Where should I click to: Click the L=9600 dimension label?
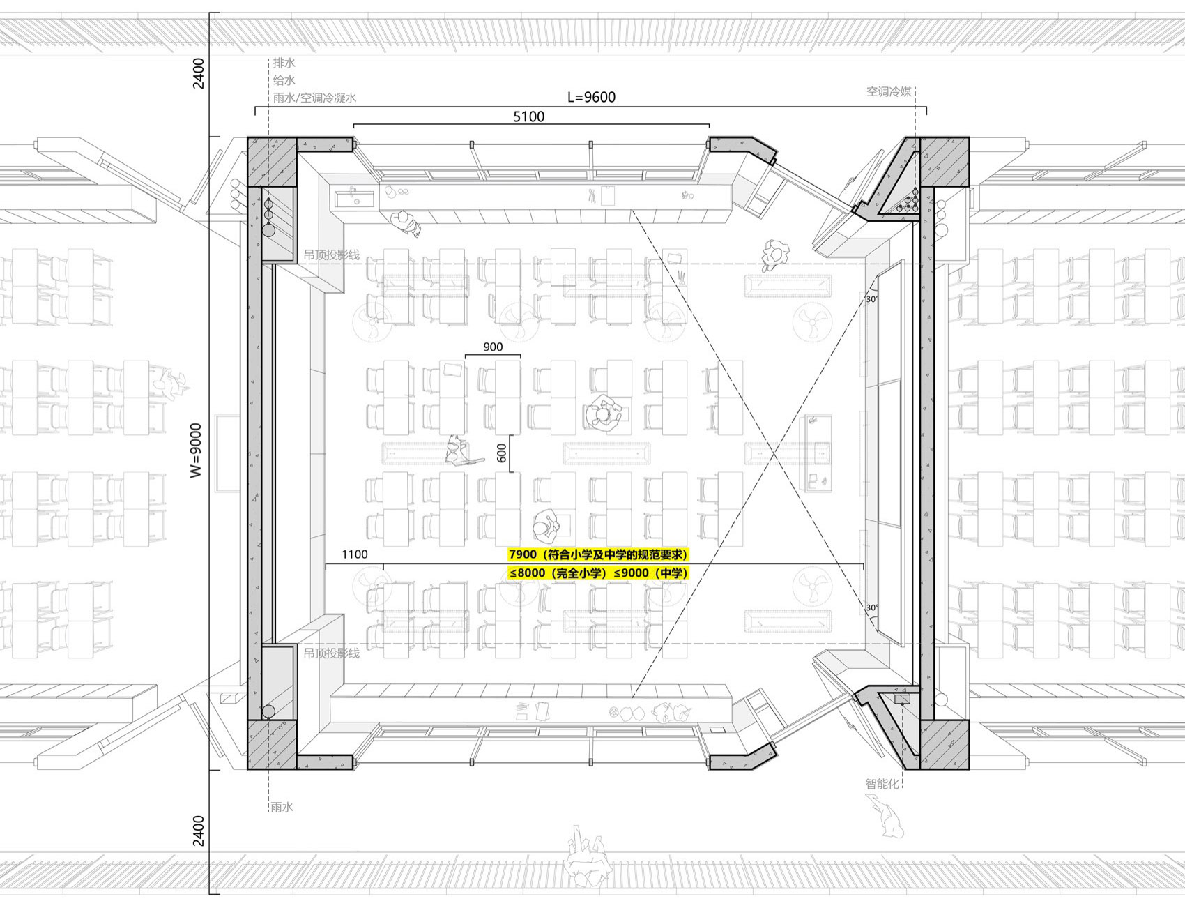(x=591, y=97)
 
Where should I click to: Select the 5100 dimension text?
(x=529, y=116)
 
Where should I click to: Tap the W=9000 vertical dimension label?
(x=197, y=451)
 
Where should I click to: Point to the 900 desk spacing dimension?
(x=492, y=347)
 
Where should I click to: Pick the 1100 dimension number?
(x=354, y=554)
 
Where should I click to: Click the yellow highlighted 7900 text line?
(x=598, y=555)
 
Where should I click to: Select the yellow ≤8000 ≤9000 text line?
(x=598, y=573)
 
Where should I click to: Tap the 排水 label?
(x=284, y=63)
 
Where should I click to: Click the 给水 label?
(x=284, y=81)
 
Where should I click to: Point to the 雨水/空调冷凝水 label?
(x=314, y=98)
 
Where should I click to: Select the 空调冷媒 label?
(x=889, y=91)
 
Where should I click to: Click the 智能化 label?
(x=883, y=784)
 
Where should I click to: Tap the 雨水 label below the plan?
(x=282, y=808)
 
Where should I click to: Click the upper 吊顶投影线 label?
(x=332, y=255)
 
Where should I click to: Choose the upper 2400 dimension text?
(x=199, y=73)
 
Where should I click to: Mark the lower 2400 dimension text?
(x=199, y=830)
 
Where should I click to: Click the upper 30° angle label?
(x=871, y=299)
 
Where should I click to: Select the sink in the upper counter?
(x=355, y=199)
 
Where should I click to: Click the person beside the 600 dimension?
(x=459, y=451)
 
